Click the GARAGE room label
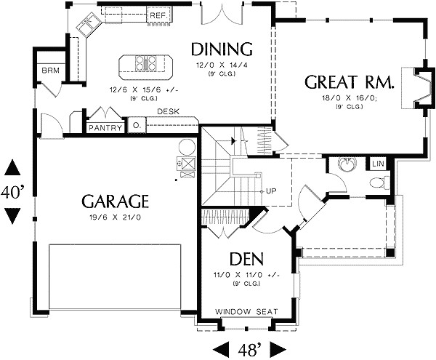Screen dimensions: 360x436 click(116, 200)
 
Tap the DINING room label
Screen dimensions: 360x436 click(222, 49)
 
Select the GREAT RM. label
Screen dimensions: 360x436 click(350, 82)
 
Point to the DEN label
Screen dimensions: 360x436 click(246, 259)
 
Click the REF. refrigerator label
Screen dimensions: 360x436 click(158, 15)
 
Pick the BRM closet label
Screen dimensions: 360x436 click(49, 71)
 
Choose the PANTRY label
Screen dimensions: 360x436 click(104, 127)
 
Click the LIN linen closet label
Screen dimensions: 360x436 click(378, 164)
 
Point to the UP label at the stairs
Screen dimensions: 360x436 click(272, 191)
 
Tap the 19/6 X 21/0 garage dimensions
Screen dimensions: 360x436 click(116, 217)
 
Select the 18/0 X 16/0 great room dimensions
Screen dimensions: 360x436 click(350, 97)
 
